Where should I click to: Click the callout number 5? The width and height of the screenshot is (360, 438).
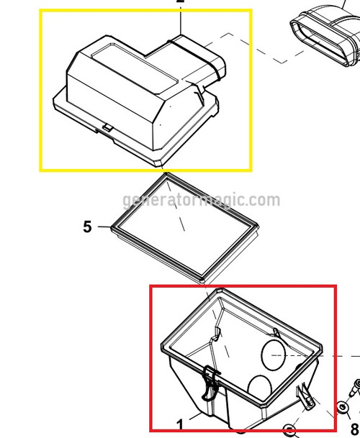coord(88,227)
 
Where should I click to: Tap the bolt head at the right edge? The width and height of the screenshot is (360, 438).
coord(355,385)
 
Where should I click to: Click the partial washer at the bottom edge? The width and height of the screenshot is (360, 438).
coord(290,432)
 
